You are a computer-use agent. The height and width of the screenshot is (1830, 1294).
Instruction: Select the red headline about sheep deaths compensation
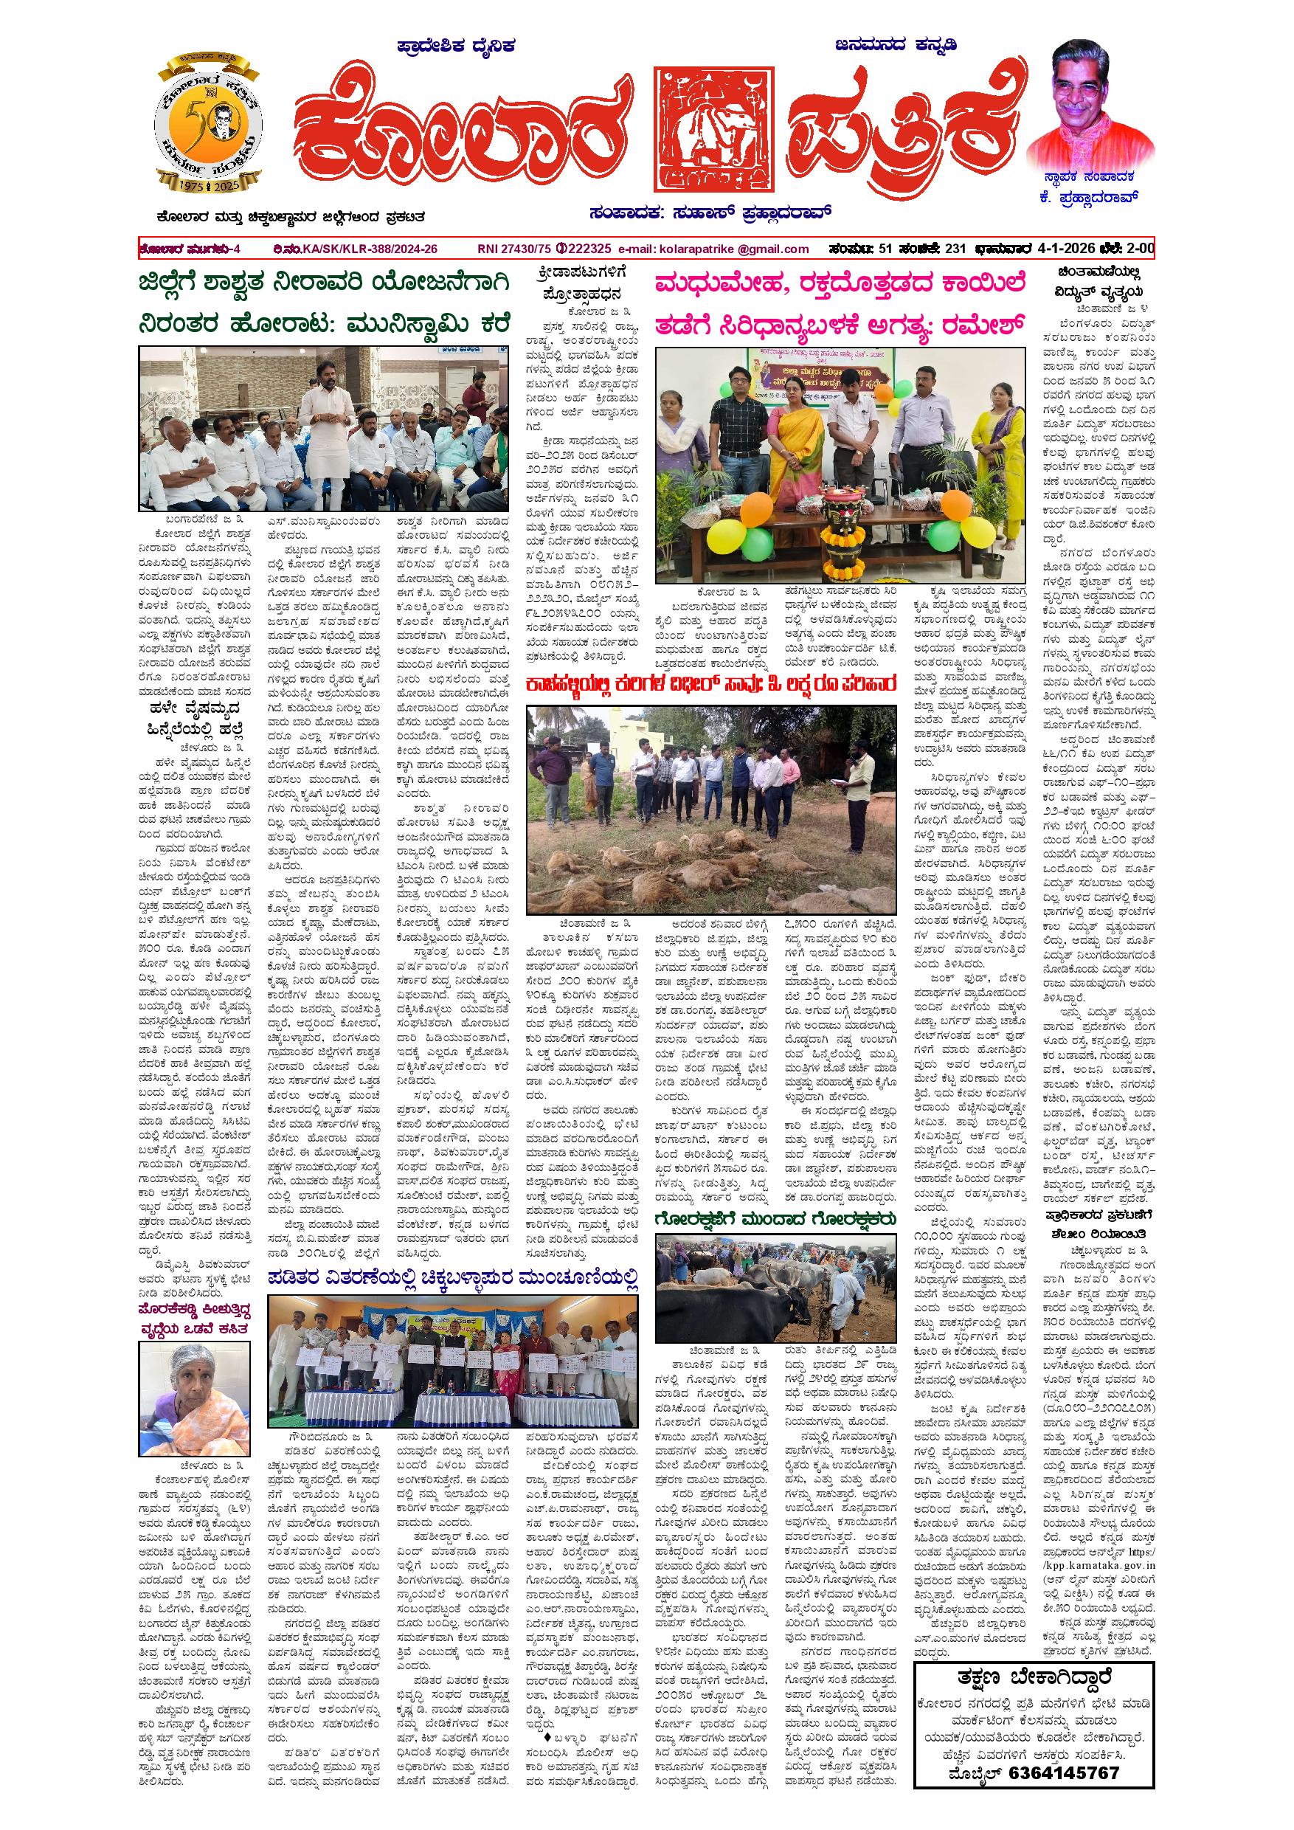pos(710,683)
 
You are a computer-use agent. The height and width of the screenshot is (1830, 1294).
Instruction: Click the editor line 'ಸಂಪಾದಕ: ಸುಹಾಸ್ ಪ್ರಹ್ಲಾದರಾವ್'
pos(710,213)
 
